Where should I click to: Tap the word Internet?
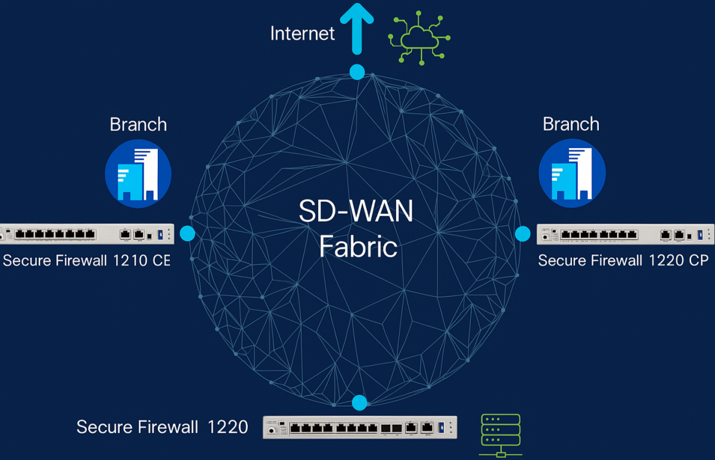tap(302, 33)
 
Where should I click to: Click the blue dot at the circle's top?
tap(357, 73)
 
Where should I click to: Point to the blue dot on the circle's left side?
tap(188, 233)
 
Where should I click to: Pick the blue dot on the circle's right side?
tap(523, 233)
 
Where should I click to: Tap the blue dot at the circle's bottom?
tap(359, 403)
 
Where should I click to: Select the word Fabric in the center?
tap(358, 246)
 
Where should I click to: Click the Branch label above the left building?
tap(138, 124)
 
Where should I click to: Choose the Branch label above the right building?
tap(571, 124)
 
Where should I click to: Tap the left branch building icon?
tap(138, 174)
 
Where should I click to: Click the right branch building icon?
tap(571, 174)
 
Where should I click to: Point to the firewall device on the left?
tap(86, 234)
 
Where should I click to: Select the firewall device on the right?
tap(625, 234)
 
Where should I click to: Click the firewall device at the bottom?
tap(360, 427)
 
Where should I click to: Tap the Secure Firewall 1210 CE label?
tap(86, 261)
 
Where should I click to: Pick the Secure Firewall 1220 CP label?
tap(623, 261)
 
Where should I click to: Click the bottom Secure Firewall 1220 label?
tap(162, 427)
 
